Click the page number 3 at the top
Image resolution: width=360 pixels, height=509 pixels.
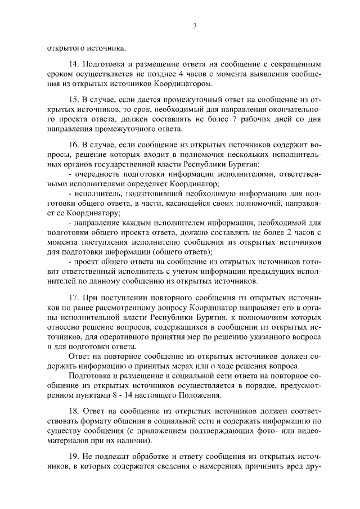pyautogui.click(x=195, y=25)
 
